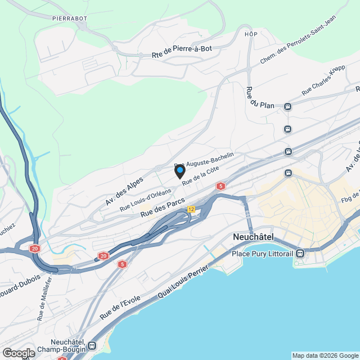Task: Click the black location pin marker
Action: tap(179, 172)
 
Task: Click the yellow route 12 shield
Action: tap(191, 209)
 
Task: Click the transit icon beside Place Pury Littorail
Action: tap(301, 254)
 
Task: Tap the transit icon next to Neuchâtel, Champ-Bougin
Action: tap(92, 345)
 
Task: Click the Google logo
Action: tap(19, 353)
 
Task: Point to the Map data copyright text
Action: tap(325, 355)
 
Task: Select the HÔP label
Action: tap(251, 34)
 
